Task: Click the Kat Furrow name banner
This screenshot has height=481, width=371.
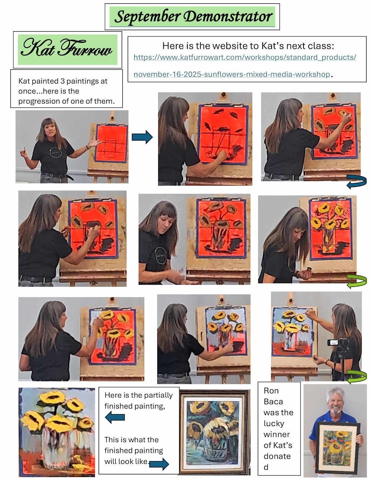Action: [x=68, y=50]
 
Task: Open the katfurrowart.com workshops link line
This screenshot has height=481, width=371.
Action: [x=245, y=57]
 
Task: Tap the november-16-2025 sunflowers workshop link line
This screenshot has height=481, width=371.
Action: [x=232, y=74]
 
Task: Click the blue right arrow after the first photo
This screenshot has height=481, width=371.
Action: [x=142, y=137]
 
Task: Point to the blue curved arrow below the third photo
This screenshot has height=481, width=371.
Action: [x=356, y=182]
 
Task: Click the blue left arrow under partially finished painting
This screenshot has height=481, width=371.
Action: [x=115, y=418]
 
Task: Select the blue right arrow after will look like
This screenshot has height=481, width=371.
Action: [x=159, y=464]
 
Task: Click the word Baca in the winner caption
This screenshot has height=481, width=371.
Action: [x=273, y=402]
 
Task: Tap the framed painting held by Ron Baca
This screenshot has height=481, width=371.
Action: [x=337, y=448]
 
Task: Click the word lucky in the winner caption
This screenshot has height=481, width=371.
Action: [x=274, y=423]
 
